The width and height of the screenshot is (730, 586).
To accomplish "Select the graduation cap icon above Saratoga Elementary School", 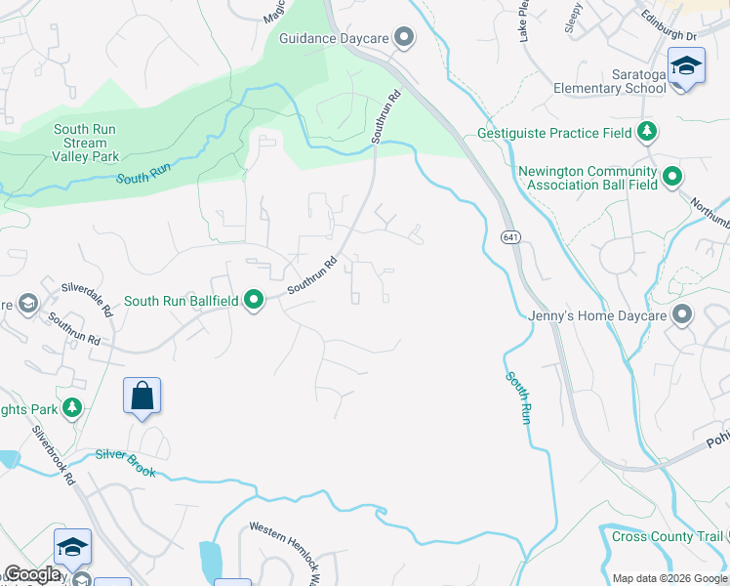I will pyautogui.click(x=686, y=66).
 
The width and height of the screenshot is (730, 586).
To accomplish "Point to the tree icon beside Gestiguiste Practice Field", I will pyautogui.click(x=646, y=132).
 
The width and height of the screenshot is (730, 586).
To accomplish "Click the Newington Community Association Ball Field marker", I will pyautogui.click(x=671, y=177).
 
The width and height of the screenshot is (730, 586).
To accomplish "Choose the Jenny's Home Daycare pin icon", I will pyautogui.click(x=681, y=315).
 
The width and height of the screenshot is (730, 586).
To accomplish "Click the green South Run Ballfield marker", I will pyautogui.click(x=254, y=300).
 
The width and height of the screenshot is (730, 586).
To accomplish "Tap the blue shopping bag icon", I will pyautogui.click(x=142, y=396).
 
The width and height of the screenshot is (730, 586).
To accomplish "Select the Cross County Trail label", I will pyautogui.click(x=668, y=536).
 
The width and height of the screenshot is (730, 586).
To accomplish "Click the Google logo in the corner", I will pyautogui.click(x=32, y=574).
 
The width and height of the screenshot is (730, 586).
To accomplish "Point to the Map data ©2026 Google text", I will pyautogui.click(x=669, y=577).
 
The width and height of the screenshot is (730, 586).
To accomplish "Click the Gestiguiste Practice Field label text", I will pyautogui.click(x=553, y=132).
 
